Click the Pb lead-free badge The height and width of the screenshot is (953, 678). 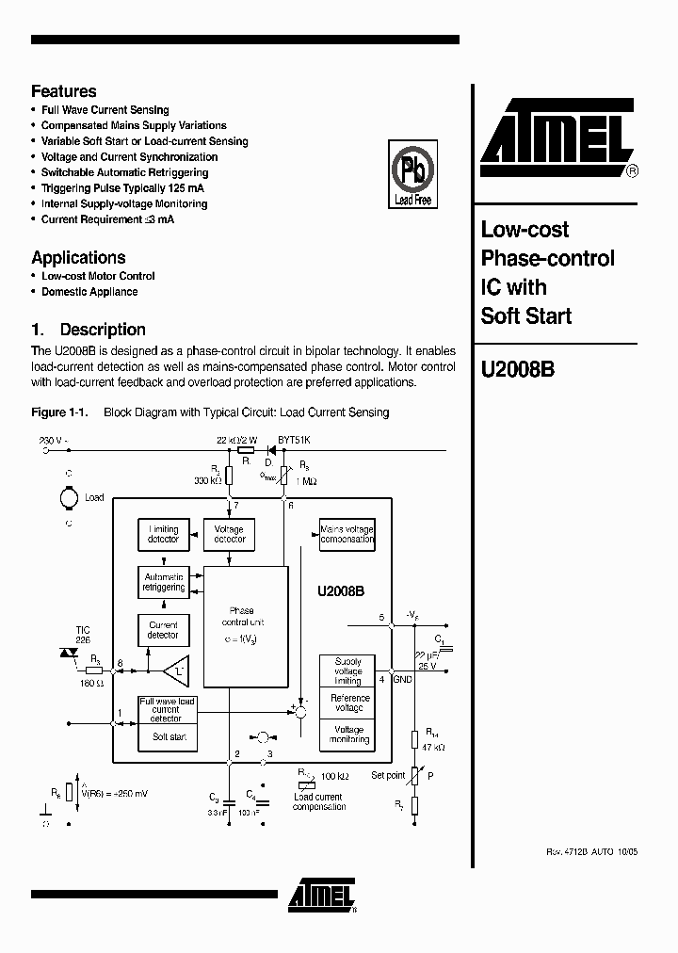tap(412, 174)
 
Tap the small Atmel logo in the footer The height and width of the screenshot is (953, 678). tap(322, 896)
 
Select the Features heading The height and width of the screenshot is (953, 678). tap(64, 91)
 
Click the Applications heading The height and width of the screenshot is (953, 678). tap(78, 257)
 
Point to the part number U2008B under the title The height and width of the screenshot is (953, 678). tap(518, 370)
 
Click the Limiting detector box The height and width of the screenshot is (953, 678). tap(163, 534)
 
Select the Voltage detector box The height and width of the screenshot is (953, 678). tap(229, 534)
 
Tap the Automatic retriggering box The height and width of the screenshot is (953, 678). tap(163, 581)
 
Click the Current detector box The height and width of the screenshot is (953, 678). tap(163, 629)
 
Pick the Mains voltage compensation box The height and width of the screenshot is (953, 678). tap(347, 534)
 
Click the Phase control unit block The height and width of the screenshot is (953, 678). tap(245, 625)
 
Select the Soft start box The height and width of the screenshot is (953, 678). tap(169, 736)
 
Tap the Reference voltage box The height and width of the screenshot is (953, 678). tap(347, 703)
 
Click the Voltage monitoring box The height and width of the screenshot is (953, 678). tap(347, 734)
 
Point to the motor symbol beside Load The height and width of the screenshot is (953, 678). tap(69, 496)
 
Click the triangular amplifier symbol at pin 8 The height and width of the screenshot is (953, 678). tap(174, 671)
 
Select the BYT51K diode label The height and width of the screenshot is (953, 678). tap(294, 440)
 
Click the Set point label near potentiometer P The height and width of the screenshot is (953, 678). tap(388, 775)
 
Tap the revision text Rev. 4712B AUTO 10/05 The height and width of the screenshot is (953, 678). tap(591, 851)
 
